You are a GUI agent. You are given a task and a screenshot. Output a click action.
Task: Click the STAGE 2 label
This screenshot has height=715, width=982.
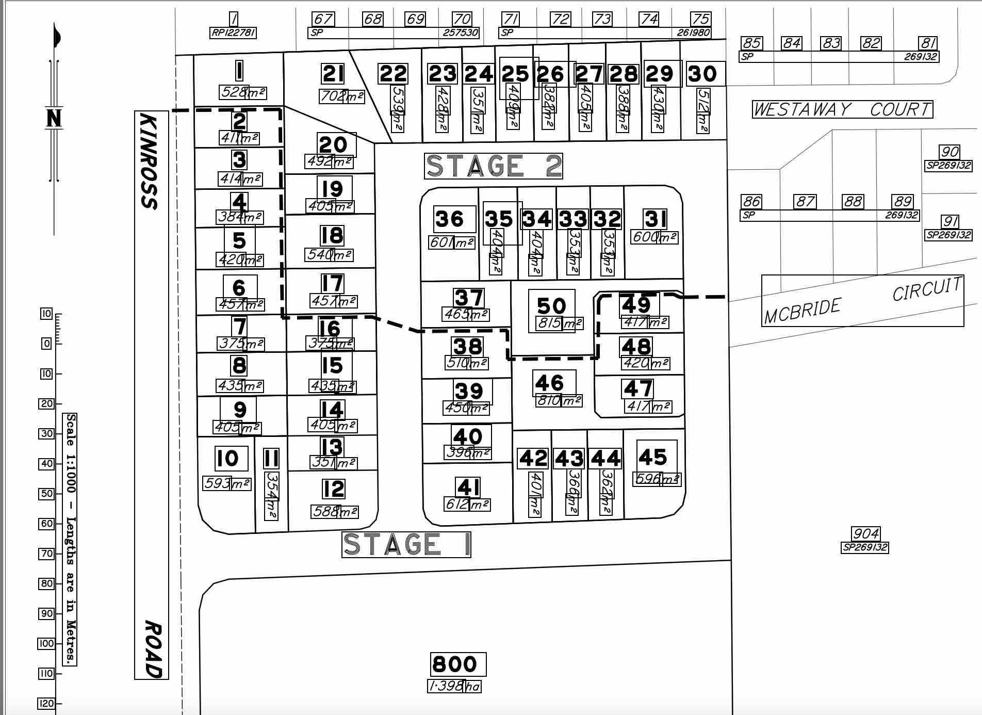[493, 166]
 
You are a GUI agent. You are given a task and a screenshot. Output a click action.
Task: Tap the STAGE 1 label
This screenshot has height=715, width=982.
[406, 545]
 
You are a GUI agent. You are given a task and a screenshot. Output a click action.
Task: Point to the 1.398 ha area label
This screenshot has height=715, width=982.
[454, 686]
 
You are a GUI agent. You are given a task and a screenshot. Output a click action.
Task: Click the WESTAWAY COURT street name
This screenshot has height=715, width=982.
[842, 109]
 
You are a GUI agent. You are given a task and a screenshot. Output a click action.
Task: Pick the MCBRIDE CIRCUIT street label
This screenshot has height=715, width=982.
[862, 301]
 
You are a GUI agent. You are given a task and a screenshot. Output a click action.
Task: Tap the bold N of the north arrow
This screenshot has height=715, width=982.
[54, 118]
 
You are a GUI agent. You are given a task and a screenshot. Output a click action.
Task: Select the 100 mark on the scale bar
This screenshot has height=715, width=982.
[46, 643]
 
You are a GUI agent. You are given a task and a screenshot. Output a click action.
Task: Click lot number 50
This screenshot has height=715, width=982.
[551, 306]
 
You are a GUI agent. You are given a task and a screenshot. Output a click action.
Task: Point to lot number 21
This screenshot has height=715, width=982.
[333, 74]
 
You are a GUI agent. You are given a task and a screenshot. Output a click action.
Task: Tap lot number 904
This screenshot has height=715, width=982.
[865, 533]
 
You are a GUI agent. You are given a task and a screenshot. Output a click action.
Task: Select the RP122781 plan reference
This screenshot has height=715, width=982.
[233, 33]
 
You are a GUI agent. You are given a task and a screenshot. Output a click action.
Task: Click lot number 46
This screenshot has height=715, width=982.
[550, 383]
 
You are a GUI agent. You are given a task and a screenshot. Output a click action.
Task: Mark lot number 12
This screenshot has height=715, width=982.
[333, 489]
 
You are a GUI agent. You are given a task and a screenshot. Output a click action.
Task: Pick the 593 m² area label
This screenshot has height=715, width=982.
[226, 483]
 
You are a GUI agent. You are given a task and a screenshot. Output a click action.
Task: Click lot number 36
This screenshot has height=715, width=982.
[450, 219]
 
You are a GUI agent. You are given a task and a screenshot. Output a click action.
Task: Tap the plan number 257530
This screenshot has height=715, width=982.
[461, 33]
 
